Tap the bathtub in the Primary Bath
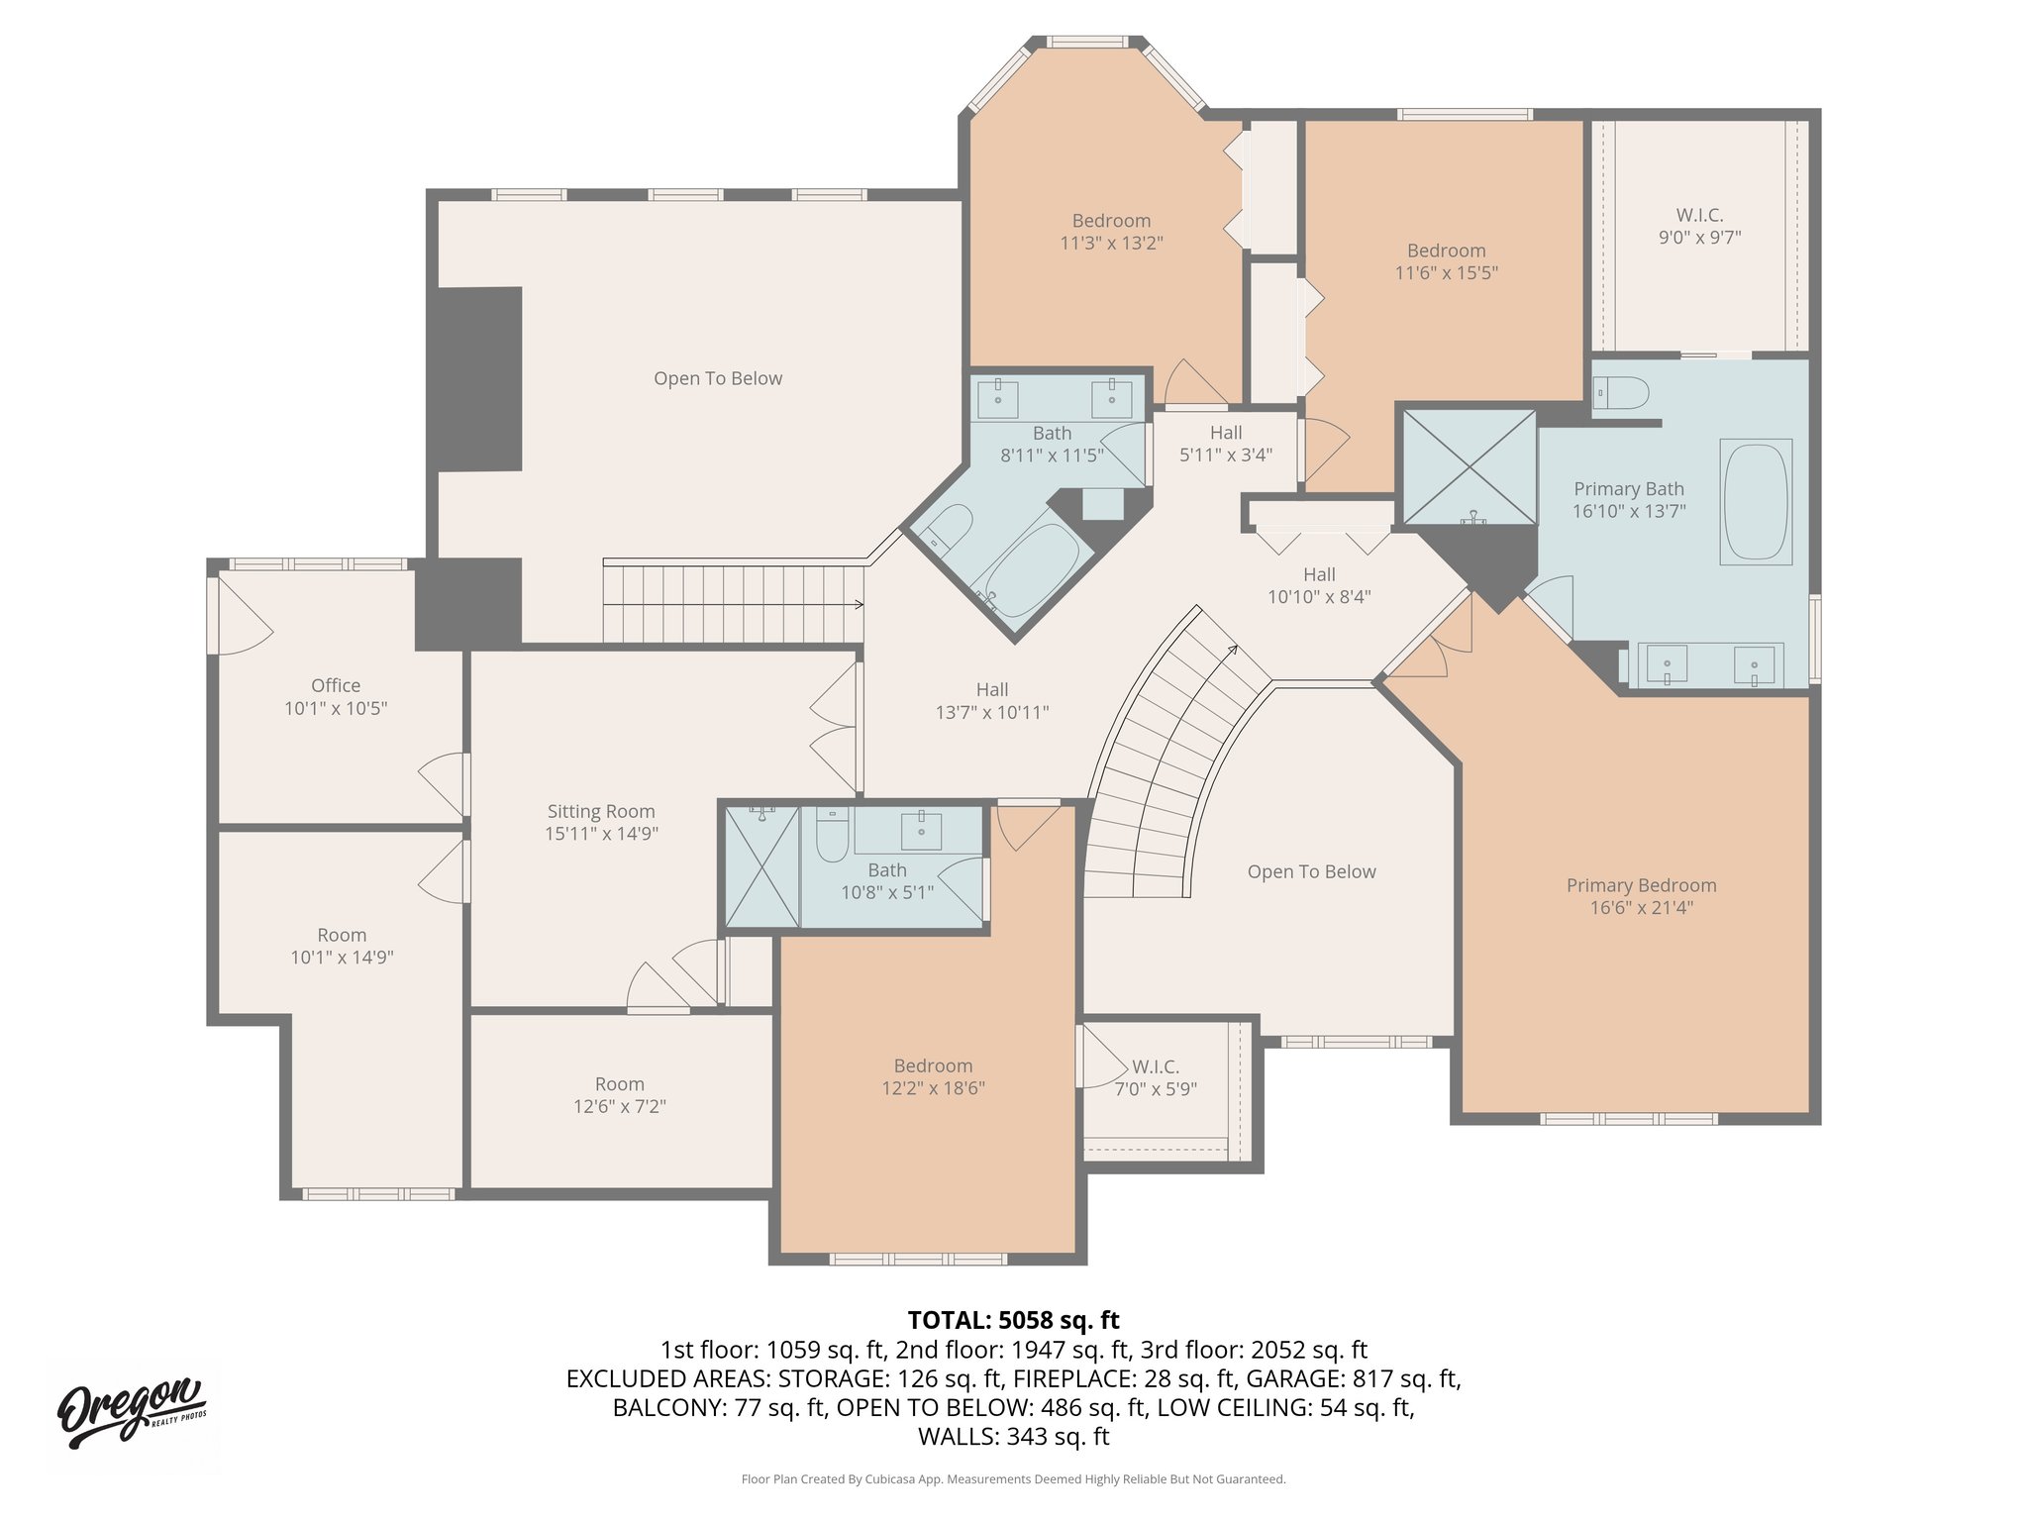tap(1756, 502)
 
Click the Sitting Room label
tap(601, 812)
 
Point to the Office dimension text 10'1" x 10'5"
tap(336, 709)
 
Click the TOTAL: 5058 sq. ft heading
tap(1013, 1320)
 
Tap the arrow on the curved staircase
tap(1232, 650)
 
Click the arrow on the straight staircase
tap(858, 604)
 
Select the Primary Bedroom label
tap(1641, 886)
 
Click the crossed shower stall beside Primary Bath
tap(1469, 466)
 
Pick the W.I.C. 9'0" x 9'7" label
tap(1699, 226)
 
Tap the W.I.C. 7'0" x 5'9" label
tap(1156, 1077)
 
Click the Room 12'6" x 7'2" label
tap(619, 1095)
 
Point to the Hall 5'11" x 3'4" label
tap(1225, 444)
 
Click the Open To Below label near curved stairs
tap(1311, 872)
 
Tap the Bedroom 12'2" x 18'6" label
tap(933, 1077)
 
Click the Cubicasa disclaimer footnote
tap(1013, 1479)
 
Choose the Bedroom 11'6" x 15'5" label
tap(1446, 261)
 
